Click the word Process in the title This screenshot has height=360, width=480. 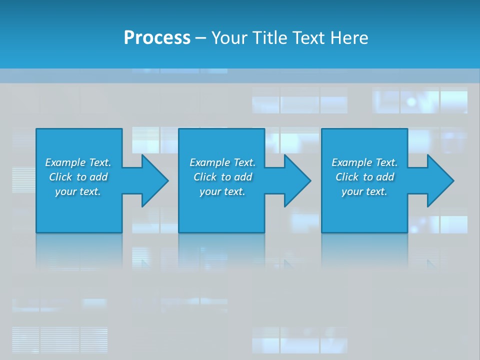point(157,38)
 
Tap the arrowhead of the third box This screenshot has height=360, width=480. point(439,180)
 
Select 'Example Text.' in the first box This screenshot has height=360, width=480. point(78,162)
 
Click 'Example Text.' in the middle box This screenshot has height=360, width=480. point(222,162)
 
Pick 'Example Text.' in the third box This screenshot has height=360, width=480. point(364,162)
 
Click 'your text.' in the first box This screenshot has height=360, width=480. point(78,191)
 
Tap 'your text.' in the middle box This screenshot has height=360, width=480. point(222,191)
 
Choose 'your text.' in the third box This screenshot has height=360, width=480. point(364,191)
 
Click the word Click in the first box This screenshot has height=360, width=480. point(60,177)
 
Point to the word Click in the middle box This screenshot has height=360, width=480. point(205,177)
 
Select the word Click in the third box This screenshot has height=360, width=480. point(347,177)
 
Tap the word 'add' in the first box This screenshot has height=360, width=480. point(98,177)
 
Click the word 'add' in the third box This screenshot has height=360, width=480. point(385,177)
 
